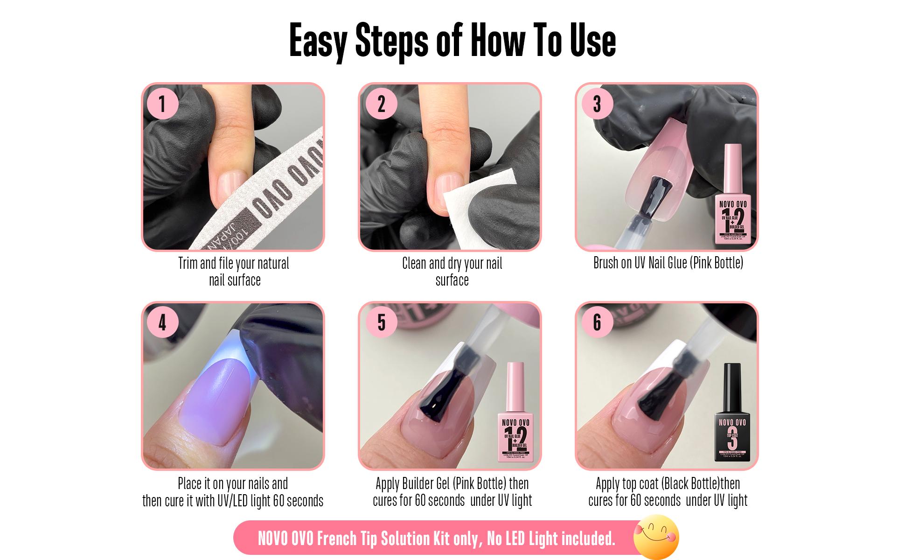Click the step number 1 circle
point(162,104)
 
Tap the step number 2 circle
point(381,104)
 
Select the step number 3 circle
point(597,104)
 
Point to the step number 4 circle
point(162,322)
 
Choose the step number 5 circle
point(381,322)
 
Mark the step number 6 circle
point(597,322)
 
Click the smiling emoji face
point(656,537)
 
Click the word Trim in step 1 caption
point(188,264)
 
